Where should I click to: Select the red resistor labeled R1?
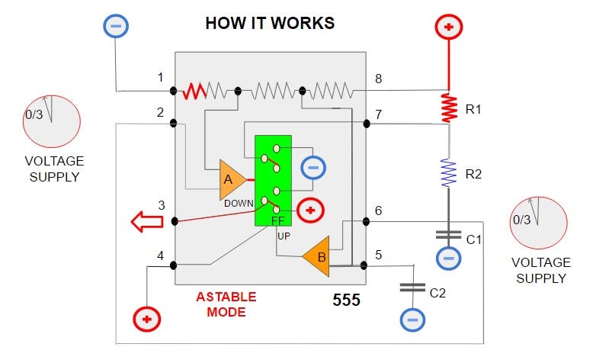(448, 108)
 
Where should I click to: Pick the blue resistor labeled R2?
(448, 172)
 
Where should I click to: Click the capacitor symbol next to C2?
(412, 288)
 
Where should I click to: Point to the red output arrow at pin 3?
(148, 223)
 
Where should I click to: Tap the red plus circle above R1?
(448, 27)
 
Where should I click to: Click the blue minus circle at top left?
(116, 25)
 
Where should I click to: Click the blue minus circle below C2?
(412, 317)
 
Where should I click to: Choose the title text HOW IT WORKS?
(270, 23)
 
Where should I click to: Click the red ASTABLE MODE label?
(226, 304)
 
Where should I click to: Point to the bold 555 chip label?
(346, 300)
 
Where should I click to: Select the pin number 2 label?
(161, 112)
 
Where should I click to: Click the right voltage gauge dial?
(537, 221)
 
